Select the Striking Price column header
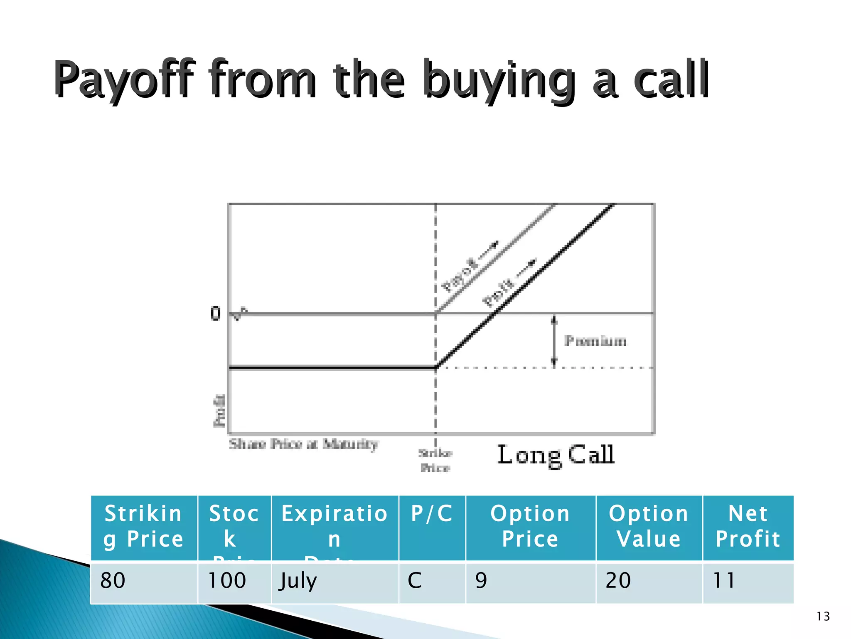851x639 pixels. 143,526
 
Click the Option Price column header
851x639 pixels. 530,526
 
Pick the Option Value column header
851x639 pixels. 649,526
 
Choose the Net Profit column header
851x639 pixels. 748,526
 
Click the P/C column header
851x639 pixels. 432,514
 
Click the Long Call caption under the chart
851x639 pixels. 556,455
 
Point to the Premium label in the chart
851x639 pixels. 595,341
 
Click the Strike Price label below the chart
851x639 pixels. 435,461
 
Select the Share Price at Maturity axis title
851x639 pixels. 303,444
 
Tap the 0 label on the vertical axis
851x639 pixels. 215,313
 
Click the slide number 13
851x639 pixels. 823,616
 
